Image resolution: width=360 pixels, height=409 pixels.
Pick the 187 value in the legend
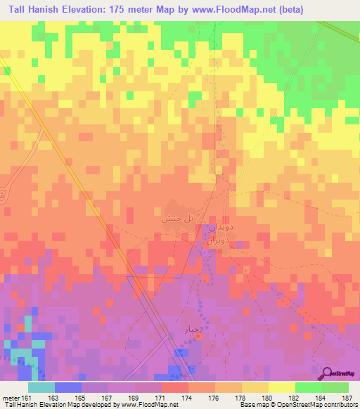348,397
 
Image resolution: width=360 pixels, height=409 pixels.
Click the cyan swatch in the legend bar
41,387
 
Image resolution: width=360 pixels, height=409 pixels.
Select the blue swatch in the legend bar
68,387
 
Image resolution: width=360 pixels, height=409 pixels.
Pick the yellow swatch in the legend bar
282,387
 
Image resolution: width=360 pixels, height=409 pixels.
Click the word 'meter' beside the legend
11,397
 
